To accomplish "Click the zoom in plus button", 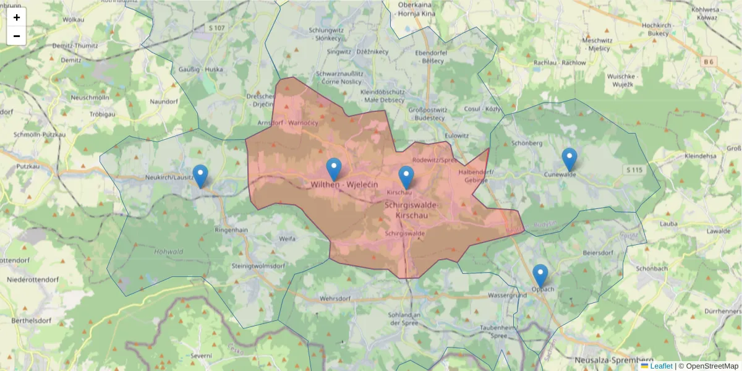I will click(x=17, y=17).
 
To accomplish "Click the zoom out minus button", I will click(x=17, y=36).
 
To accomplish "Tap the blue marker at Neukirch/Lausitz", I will click(x=200, y=175).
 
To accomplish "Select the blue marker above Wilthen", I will click(x=334, y=168).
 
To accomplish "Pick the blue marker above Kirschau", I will click(x=406, y=176).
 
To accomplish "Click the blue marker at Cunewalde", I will click(x=569, y=158).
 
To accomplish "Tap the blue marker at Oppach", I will click(x=540, y=275).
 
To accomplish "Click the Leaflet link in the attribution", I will click(x=660, y=366).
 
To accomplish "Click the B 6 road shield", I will click(x=708, y=61).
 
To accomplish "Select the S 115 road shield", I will click(x=634, y=170).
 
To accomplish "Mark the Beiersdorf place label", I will click(x=597, y=253).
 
